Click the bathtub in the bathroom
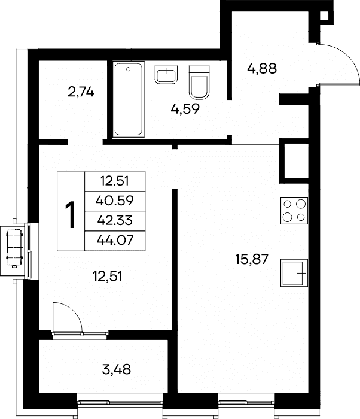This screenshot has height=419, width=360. point(129,99)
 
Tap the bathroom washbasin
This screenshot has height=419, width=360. point(166,75)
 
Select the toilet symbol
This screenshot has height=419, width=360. point(199,83)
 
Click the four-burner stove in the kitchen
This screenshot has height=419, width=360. point(294,211)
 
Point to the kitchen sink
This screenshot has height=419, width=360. point(294,273)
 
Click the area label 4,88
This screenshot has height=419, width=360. point(262,69)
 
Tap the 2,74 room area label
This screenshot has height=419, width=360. point(81,92)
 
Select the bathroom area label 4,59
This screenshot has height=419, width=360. point(185,109)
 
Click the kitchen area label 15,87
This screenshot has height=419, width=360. point(252,259)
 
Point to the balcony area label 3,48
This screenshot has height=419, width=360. point(117,369)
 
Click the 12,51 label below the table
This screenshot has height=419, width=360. point(108,276)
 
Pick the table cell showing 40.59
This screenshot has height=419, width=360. point(115,201)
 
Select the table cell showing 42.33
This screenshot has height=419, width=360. point(115,221)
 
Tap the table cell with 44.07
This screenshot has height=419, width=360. point(115,241)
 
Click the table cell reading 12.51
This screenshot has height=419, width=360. point(115,181)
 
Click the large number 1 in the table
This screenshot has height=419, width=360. point(71,215)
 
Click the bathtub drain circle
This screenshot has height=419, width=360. point(129,69)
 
